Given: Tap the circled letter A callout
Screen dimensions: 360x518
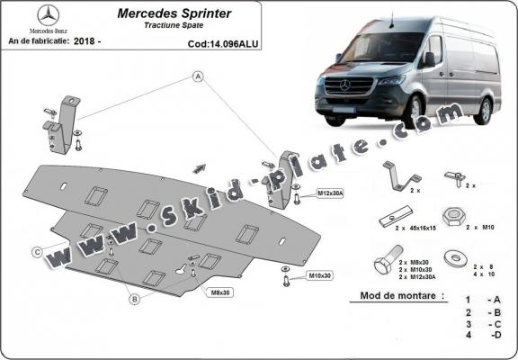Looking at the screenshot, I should point(195,78).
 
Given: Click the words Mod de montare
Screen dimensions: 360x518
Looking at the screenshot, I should point(388,296).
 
